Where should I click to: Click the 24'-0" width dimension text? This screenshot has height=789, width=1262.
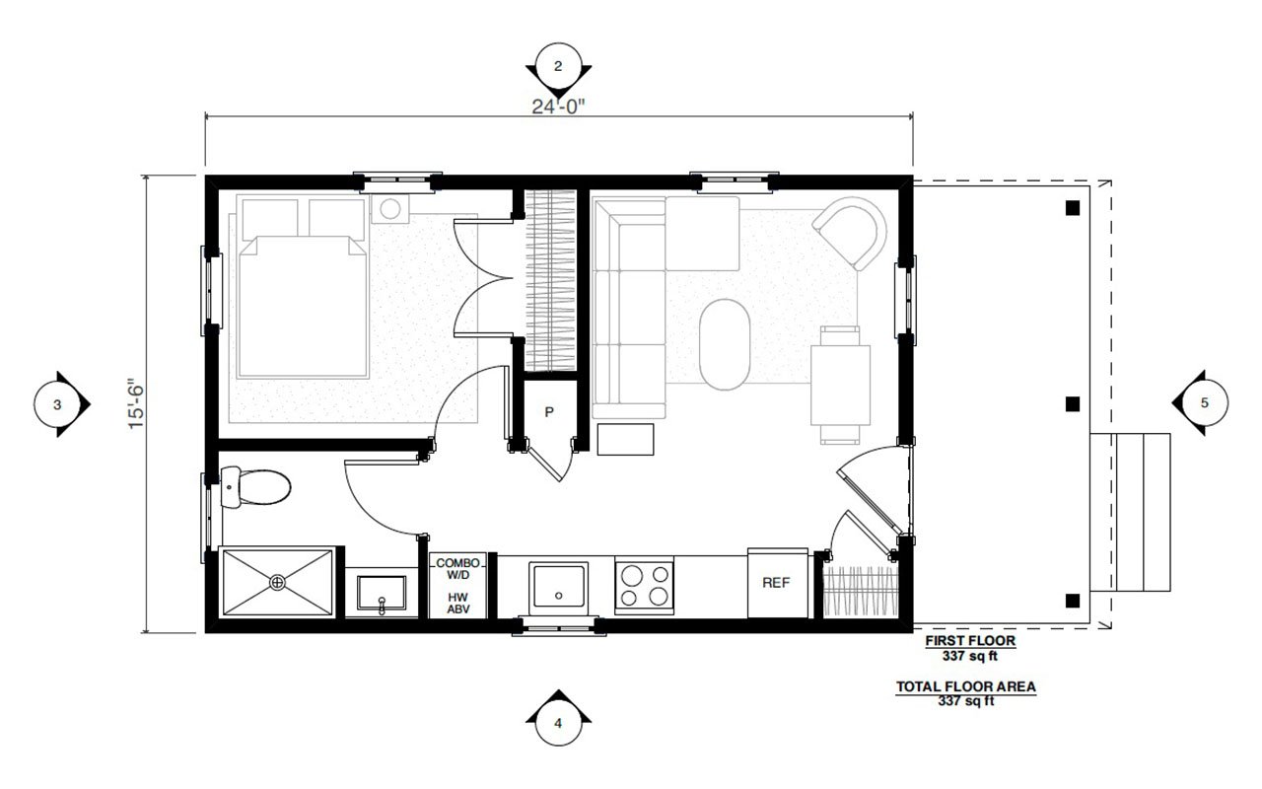[x=559, y=106]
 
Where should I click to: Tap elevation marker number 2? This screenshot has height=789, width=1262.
[x=559, y=67]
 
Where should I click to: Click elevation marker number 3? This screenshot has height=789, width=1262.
[x=58, y=404]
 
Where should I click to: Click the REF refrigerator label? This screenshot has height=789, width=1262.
[x=776, y=583]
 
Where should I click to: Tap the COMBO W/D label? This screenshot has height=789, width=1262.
[x=457, y=568]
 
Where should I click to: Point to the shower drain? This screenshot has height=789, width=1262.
[x=279, y=582]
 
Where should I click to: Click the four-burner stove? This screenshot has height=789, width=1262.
[x=644, y=583]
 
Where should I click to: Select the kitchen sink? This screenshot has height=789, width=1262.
[x=558, y=587]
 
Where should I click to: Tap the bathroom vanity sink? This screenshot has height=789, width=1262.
[x=383, y=595]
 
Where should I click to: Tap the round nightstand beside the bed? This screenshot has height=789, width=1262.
[x=393, y=209]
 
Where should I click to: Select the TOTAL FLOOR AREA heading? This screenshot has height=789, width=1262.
[x=965, y=687]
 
